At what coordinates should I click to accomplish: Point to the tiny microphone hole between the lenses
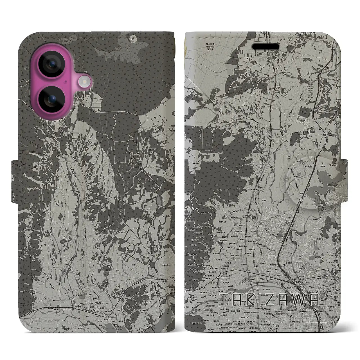click(65, 82)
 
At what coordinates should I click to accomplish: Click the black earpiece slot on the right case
click(267, 46)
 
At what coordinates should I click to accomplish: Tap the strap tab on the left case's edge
click(16, 175)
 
